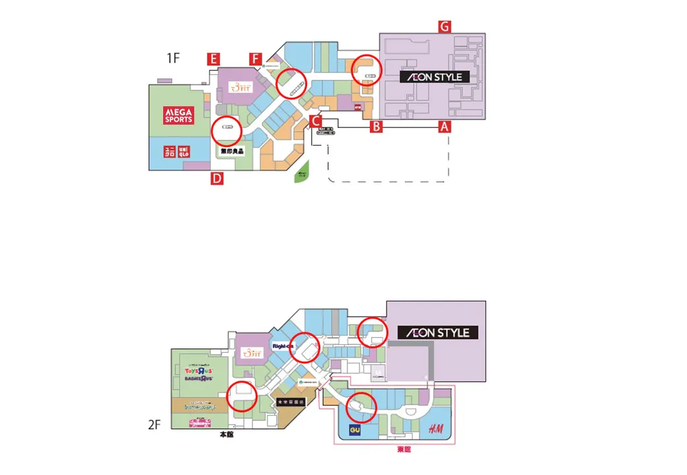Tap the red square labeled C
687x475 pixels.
click(316, 121)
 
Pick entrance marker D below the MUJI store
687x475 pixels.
click(217, 178)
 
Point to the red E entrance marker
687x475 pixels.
click(213, 59)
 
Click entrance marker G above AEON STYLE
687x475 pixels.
click(445, 26)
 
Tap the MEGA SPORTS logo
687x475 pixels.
click(178, 116)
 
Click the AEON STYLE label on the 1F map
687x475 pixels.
click(435, 77)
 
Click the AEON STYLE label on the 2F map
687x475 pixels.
click(437, 332)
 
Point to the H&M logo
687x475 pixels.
click(435, 429)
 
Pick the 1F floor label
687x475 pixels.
click(172, 58)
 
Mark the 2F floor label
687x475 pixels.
click(155, 426)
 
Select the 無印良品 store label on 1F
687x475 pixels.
click(232, 151)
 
